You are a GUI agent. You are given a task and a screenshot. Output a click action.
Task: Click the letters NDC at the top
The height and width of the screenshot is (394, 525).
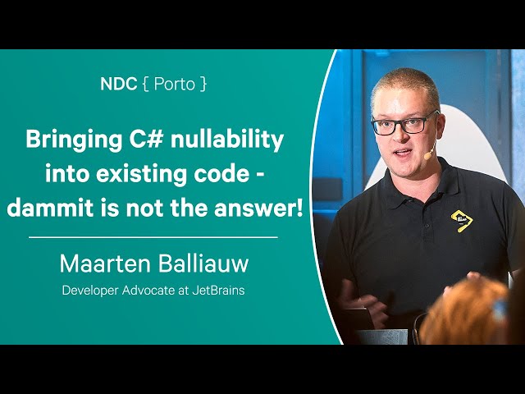[x=118, y=84]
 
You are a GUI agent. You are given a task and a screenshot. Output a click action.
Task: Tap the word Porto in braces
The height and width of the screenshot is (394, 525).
[x=175, y=84]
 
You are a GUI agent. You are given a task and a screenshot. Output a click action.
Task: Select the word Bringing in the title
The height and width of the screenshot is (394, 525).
[x=74, y=140]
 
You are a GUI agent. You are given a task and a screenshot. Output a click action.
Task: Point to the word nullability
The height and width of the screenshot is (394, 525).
[x=227, y=140]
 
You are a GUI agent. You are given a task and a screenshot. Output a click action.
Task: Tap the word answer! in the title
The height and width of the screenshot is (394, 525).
[x=258, y=208]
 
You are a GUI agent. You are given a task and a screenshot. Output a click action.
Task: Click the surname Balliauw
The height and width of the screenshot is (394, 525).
[x=203, y=263]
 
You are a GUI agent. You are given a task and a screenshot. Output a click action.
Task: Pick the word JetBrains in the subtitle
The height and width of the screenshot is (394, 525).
[x=218, y=290]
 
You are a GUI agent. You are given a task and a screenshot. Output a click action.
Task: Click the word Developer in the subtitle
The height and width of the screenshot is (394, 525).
[x=90, y=291]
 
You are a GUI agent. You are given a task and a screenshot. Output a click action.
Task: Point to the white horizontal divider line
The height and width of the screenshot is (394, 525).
[x=153, y=237]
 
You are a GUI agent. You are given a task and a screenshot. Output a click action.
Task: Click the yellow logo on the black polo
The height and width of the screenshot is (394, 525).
[x=462, y=221]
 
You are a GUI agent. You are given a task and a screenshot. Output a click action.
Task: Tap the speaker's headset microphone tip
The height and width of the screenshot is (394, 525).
[x=427, y=156]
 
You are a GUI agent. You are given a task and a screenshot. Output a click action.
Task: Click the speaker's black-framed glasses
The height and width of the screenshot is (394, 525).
[x=403, y=124]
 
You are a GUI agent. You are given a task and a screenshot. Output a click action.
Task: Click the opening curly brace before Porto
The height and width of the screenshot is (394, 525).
[x=145, y=84]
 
